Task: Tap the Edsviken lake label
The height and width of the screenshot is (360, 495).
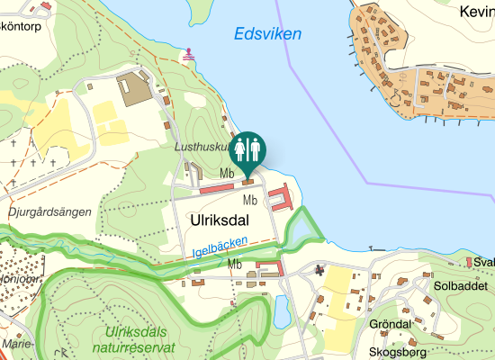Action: tap(267, 34)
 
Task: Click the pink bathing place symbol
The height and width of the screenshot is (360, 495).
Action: tap(189, 56)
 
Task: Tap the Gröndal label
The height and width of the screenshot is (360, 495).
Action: tap(390, 323)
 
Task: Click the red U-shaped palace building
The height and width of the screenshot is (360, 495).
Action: tap(281, 197)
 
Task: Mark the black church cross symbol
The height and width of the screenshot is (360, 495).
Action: tap(319, 269)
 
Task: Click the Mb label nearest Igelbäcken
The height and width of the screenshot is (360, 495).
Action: tap(236, 264)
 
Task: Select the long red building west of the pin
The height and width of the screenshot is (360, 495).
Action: tap(216, 189)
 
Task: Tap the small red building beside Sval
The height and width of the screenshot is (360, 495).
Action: tap(468, 262)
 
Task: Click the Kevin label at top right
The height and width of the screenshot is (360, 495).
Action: tap(476, 13)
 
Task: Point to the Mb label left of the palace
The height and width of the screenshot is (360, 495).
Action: tap(250, 200)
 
